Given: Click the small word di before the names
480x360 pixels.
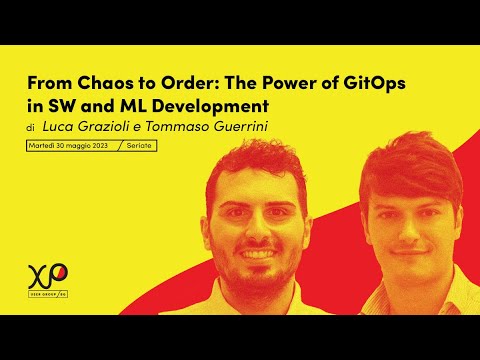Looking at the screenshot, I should [31, 128].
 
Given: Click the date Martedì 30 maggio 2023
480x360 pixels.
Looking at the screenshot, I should [68, 146].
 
